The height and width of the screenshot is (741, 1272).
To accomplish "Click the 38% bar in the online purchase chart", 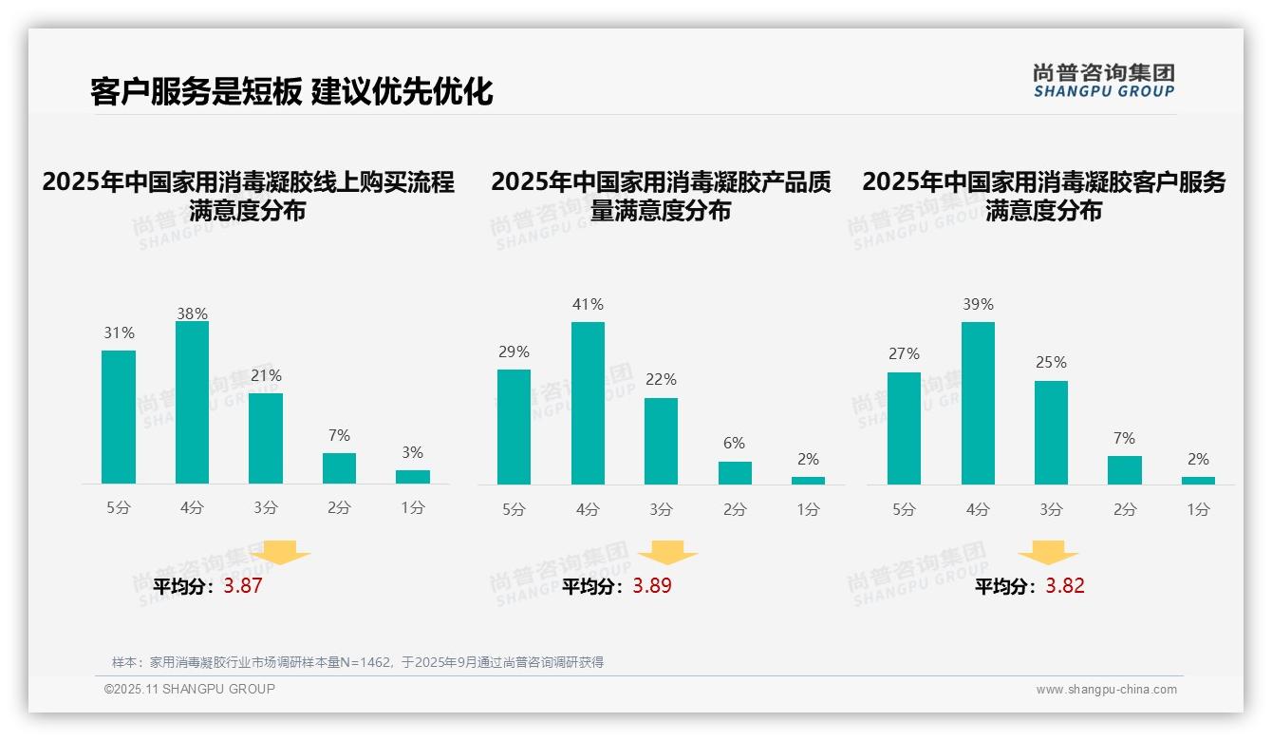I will pos(192,403).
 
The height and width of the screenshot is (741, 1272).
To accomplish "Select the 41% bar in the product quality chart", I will pos(588,403).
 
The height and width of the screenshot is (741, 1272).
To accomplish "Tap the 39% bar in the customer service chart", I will pos(978,403).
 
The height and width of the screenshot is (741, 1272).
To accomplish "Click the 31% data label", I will pos(119,333).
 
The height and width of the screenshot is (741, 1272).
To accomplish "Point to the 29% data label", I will pos(514,352).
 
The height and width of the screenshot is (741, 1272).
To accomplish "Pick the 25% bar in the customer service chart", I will pos(1051,432).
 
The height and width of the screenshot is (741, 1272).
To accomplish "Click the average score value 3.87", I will pos(243,586).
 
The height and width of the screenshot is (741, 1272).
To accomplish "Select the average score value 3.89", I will pos(652,586).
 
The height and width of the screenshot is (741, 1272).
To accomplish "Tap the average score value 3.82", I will pos(1065,586).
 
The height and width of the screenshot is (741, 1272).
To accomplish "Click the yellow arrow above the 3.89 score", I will pos(667,553).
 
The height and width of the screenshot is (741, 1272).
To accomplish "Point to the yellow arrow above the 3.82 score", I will pos(1048,553).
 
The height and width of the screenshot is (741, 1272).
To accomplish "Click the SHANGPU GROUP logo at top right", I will pos(1103,81).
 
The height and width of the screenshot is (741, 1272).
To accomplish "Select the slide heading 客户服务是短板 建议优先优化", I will pos(291,91).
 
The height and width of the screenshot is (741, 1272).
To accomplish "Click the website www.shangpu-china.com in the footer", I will pos(1106,690).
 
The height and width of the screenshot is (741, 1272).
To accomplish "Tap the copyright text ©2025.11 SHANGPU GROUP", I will pos(190,689).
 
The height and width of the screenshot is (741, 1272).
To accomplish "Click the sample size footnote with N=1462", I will pos(357,662).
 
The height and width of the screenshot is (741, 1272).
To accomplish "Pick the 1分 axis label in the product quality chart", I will pos(808,510).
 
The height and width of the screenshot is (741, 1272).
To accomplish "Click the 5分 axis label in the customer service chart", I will pos(904,510).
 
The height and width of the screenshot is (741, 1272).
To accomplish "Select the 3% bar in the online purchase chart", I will pos(413,477).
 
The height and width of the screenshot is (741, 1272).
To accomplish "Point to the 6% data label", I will pos(734,444).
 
